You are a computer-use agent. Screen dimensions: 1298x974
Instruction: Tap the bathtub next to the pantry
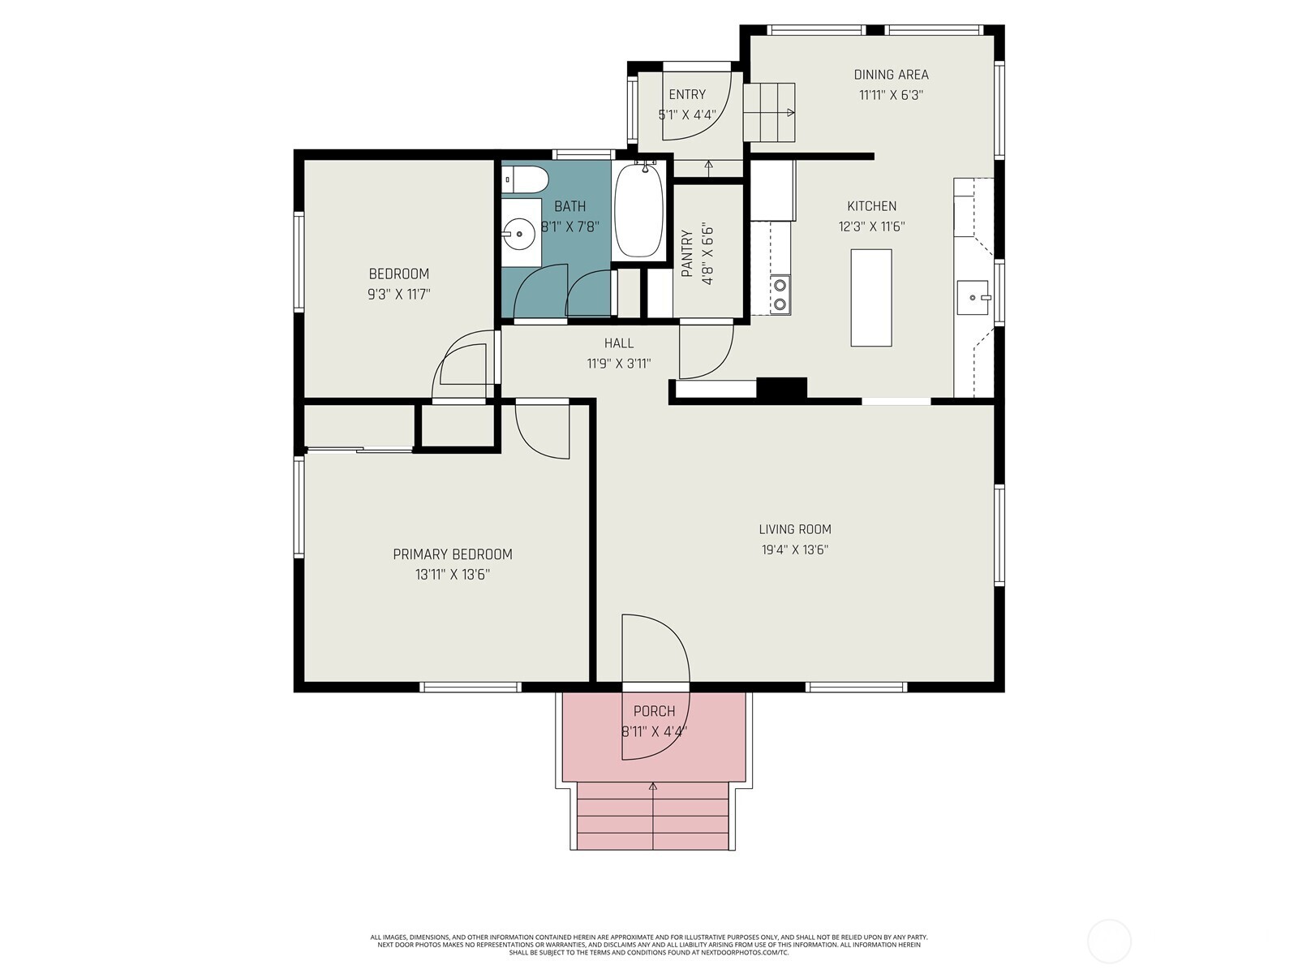tap(638, 210)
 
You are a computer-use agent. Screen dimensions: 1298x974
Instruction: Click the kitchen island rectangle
tap(870, 297)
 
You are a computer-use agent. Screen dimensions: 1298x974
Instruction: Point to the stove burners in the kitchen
tap(780, 295)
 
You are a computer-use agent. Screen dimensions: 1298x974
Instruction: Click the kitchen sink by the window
tap(973, 297)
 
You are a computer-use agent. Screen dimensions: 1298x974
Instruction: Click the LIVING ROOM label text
tap(795, 529)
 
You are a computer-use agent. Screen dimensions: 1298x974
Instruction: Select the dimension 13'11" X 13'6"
tap(453, 574)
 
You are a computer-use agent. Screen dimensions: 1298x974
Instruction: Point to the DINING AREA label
tap(891, 75)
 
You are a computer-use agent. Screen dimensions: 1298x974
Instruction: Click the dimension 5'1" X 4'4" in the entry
tap(686, 114)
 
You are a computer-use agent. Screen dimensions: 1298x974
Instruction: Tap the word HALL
tap(618, 343)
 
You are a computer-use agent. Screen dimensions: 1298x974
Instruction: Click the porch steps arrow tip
tap(653, 784)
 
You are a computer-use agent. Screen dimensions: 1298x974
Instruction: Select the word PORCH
tap(654, 711)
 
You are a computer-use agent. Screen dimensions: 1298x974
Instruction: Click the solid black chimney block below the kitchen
tap(782, 389)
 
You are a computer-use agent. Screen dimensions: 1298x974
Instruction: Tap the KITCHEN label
tap(871, 206)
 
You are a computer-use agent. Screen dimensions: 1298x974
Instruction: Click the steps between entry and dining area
tap(769, 112)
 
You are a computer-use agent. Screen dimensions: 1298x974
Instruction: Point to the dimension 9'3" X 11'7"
tap(398, 294)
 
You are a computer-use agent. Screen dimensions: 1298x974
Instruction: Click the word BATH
tap(570, 206)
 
